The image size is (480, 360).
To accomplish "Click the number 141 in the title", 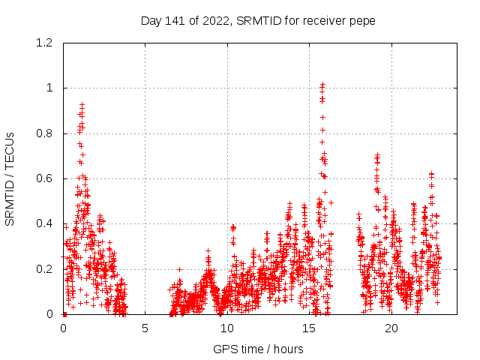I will click(x=172, y=21).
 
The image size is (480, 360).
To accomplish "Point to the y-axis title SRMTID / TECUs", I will click(x=10, y=179).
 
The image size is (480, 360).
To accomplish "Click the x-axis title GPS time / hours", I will click(x=258, y=349).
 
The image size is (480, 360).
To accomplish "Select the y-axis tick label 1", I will click(x=50, y=88).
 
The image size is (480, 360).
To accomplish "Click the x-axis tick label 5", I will click(x=145, y=328).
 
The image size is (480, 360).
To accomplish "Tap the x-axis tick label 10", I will click(x=227, y=328).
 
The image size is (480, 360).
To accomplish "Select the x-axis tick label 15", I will click(x=310, y=328).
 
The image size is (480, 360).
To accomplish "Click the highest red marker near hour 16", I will click(x=322, y=85).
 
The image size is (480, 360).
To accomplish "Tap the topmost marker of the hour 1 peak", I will click(x=82, y=104).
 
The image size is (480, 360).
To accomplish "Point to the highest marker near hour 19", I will click(x=377, y=155).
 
